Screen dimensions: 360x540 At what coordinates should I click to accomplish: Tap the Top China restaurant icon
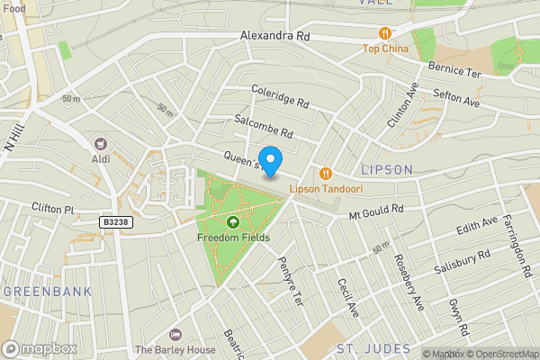(385, 33)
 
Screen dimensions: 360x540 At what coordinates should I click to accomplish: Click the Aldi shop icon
(101, 143)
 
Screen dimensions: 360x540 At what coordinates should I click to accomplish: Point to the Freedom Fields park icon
(233, 222)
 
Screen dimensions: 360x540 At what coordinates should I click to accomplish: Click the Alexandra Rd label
(274, 36)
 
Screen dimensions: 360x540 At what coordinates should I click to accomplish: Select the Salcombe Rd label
(263, 125)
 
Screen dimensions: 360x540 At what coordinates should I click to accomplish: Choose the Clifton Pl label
(53, 208)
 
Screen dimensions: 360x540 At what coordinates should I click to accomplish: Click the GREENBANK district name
(40, 292)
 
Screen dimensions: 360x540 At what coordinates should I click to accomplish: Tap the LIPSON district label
(386, 169)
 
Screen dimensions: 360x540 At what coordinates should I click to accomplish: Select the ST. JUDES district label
(373, 348)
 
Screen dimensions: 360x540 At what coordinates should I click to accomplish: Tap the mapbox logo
(40, 348)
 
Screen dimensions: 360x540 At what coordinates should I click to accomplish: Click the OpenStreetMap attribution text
(502, 354)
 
